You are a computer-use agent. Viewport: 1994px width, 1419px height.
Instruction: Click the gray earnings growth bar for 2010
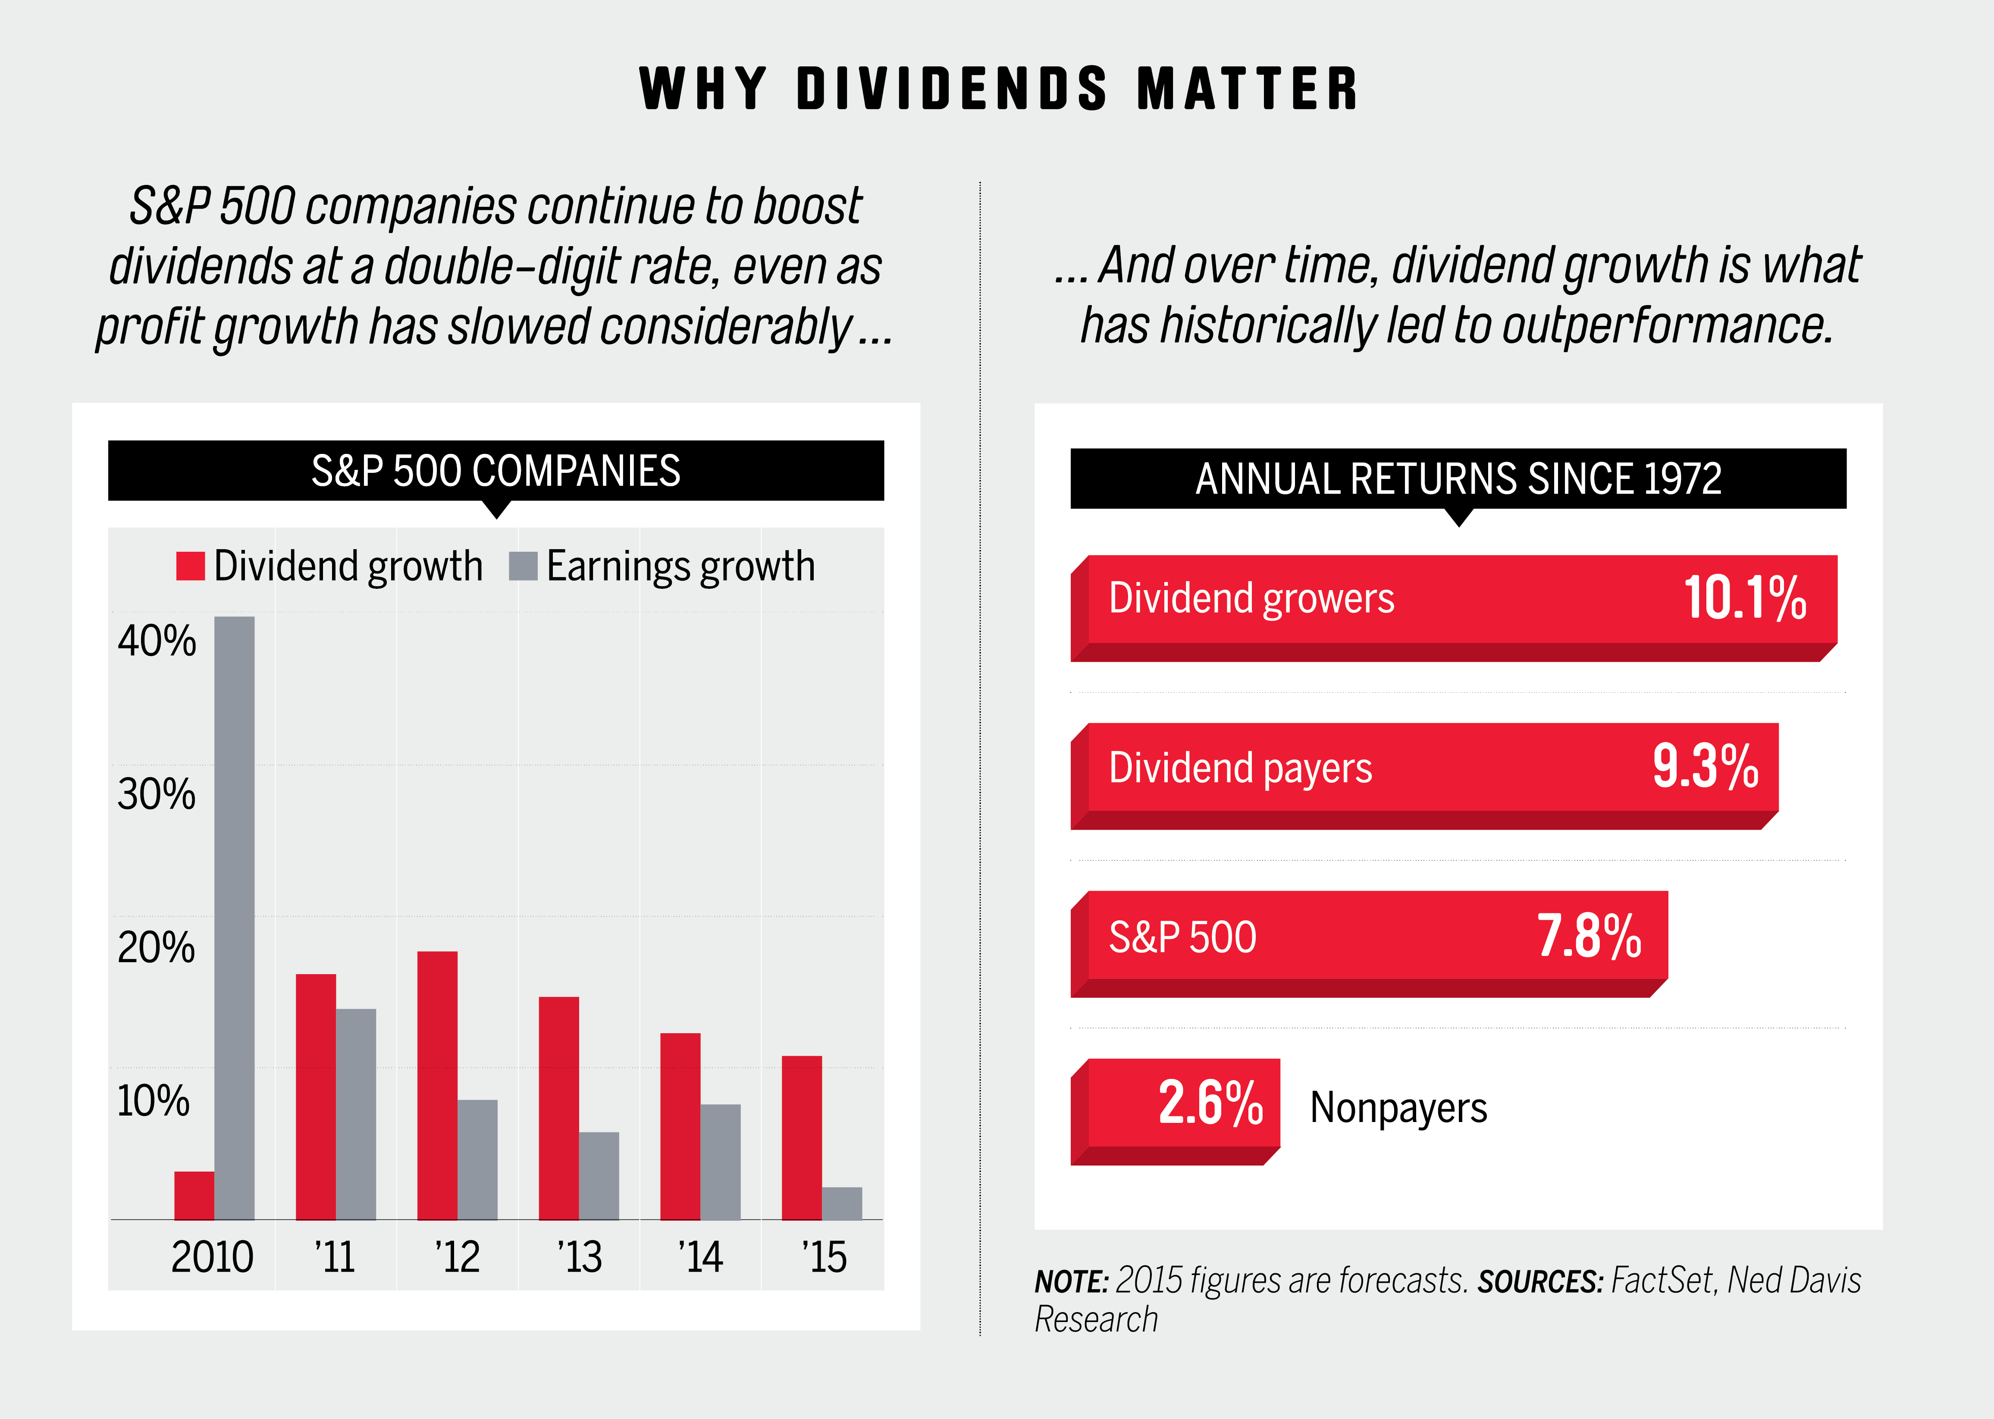point(234,917)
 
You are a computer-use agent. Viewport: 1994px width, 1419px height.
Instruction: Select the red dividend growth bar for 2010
point(194,1195)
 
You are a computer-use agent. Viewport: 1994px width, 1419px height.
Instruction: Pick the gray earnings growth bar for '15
point(842,1203)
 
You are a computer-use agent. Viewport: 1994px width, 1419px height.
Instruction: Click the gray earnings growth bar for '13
point(599,1175)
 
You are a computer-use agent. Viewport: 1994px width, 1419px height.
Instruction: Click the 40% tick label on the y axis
point(157,641)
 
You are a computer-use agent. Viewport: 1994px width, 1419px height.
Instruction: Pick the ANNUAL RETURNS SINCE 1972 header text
point(1458,479)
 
